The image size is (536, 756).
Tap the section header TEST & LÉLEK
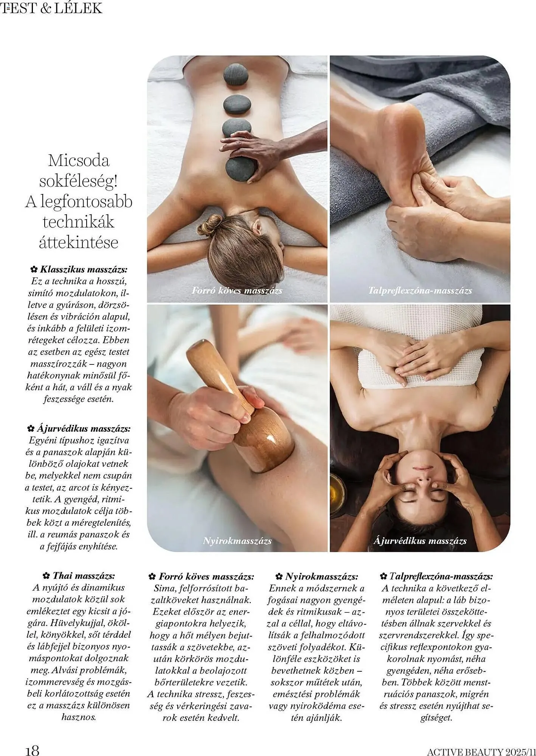(x=51, y=8)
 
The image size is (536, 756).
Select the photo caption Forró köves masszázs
(x=237, y=290)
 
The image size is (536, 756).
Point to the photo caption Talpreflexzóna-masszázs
(x=420, y=290)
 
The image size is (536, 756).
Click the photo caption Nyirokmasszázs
(x=237, y=541)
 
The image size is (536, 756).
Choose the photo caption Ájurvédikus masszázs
(x=420, y=541)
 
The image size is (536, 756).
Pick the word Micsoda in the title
(x=79, y=161)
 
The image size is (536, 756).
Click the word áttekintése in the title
(x=79, y=242)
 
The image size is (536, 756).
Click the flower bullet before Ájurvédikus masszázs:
(x=31, y=429)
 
